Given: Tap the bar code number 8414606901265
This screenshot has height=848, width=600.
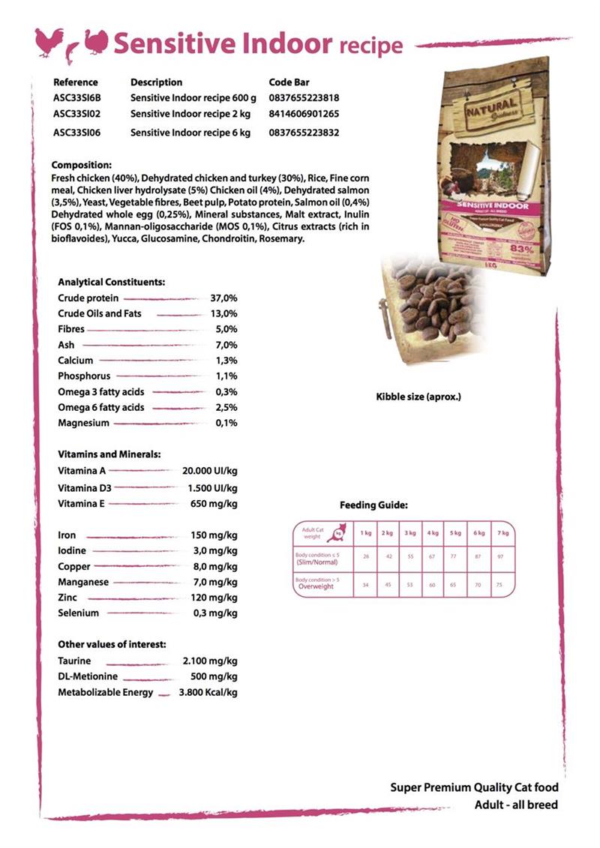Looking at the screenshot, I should coord(304,114).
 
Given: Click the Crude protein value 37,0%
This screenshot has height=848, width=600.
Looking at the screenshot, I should coord(223,298).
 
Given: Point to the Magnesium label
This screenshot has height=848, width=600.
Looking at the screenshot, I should coord(83,423).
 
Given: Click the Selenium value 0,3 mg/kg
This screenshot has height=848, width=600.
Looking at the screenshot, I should coord(215,613).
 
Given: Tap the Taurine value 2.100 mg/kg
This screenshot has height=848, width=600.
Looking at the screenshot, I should coord(210,661).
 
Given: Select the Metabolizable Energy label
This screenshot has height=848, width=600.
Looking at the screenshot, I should coord(105,692).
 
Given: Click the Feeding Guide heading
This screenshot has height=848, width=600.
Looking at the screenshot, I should coord(373,505).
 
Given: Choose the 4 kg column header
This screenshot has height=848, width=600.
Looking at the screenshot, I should coord(433,532).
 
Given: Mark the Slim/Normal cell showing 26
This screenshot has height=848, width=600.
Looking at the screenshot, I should coord(366,557).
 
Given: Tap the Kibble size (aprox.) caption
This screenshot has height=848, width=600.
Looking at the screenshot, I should coord(418,396).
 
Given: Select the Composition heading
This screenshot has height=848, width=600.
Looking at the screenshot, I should coord(82,165).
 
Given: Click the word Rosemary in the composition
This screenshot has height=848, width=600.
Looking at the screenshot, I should coord(280,239).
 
